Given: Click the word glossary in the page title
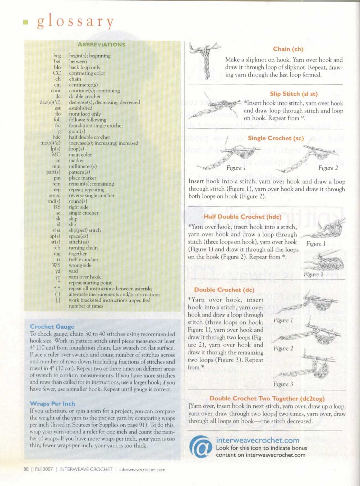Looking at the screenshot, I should click(x=76, y=22).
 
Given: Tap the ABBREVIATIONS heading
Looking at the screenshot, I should click(x=101, y=44).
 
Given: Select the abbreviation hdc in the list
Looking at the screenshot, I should click(x=56, y=137).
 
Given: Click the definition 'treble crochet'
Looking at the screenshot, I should click(x=83, y=259).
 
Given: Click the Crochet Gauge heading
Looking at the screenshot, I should click(x=52, y=327).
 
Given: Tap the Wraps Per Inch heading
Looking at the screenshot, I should click(x=52, y=404).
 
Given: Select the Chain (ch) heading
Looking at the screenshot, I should click(x=288, y=49).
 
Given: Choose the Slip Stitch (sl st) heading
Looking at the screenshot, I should click(x=294, y=94).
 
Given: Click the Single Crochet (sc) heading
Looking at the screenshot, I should click(x=276, y=138).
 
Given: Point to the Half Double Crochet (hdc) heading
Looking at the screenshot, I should click(x=243, y=217).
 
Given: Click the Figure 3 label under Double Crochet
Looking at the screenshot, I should click(x=283, y=384).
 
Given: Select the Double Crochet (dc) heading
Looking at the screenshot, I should click(x=224, y=289).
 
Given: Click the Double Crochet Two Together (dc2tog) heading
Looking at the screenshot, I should click(x=267, y=398).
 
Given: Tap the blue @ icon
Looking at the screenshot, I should click(x=200, y=447).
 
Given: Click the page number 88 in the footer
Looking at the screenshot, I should click(x=26, y=469).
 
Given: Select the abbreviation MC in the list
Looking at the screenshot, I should click(x=56, y=155).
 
